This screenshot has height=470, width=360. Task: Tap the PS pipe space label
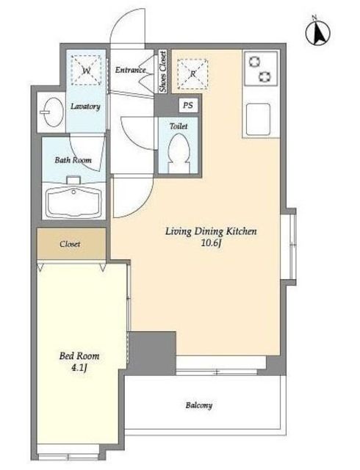click(188, 106)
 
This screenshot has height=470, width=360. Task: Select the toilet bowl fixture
click(179, 152)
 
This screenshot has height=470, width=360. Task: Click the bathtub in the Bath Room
click(73, 201)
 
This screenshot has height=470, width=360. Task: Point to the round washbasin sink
click(53, 112)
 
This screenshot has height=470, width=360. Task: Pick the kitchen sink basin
click(258, 120)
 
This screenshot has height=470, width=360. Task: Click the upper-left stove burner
click(255, 62)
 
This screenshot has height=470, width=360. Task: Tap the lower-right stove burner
click(265, 76)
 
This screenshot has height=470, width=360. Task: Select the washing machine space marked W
click(87, 70)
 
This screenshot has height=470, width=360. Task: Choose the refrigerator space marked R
click(192, 73)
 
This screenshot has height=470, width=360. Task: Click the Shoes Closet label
click(163, 72)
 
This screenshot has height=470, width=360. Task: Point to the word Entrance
click(131, 70)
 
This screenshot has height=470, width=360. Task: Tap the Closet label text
click(70, 244)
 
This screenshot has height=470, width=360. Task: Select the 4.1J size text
click(79, 368)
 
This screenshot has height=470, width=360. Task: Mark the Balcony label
click(199, 405)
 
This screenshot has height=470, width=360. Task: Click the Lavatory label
click(85, 106)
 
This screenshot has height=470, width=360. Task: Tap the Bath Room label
click(73, 160)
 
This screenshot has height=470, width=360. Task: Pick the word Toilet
click(179, 126)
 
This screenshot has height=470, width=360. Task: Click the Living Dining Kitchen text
click(211, 231)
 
